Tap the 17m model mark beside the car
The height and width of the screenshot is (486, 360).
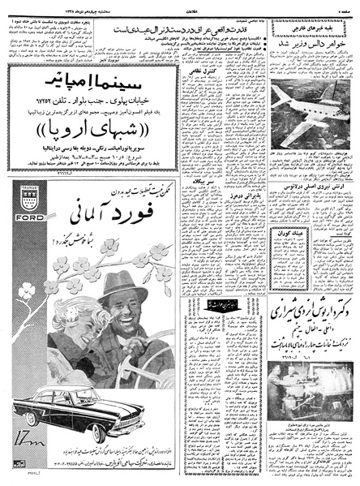(28, 437)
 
